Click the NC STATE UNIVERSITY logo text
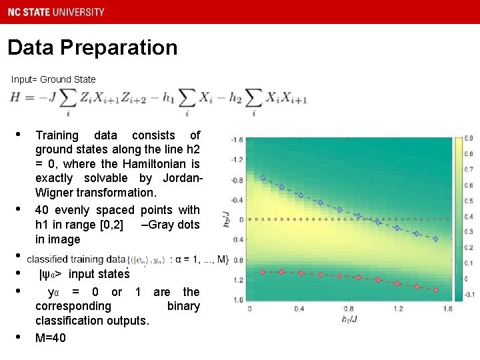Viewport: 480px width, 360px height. click(57, 11)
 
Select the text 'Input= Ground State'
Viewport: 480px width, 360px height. click(53, 79)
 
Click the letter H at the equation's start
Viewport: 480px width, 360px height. click(15, 97)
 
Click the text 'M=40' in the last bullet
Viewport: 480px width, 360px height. click(51, 338)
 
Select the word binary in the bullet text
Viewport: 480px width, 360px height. click(183, 306)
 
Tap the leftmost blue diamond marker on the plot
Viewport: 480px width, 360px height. click(263, 178)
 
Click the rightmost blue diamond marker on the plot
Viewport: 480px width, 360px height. click(436, 239)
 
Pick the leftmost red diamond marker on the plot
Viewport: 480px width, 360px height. click(263, 271)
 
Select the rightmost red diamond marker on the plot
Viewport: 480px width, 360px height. click(436, 290)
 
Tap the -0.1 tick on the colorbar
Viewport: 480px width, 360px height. click(469, 294)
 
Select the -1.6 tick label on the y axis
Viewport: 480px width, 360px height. click(237, 139)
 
